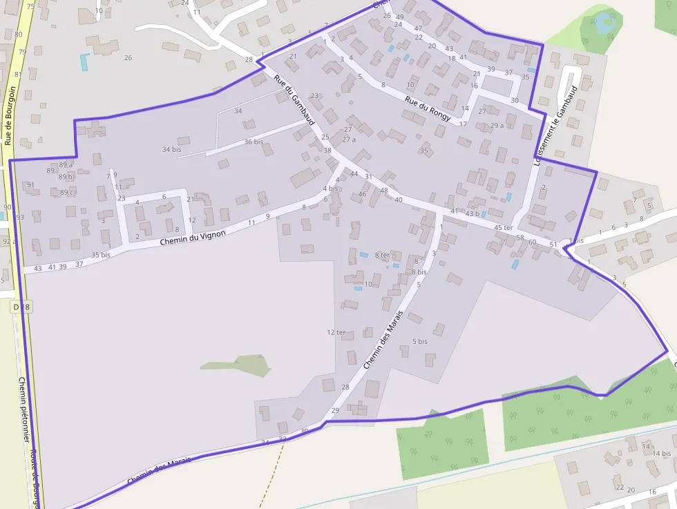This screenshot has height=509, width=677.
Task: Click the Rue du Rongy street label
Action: click(428, 108)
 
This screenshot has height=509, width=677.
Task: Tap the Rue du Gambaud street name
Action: click(294, 100)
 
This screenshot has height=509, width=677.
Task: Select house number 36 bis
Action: click(254, 142)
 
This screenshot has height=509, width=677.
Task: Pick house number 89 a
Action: click(66, 165)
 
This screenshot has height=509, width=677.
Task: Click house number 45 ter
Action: click(504, 227)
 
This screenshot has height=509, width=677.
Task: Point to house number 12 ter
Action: click(336, 332)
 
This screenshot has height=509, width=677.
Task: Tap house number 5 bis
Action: click(419, 341)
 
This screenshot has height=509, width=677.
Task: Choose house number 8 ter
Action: click(382, 255)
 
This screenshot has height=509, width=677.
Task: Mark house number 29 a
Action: click(497, 125)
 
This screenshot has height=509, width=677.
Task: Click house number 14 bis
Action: click(661, 453)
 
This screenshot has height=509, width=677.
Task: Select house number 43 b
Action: click(473, 213)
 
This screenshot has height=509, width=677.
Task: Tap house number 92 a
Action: click(9, 241)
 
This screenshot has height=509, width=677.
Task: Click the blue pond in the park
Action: click(604, 21)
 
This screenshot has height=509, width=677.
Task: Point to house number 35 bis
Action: click(101, 255)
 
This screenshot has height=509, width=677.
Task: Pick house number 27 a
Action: click(350, 140)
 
